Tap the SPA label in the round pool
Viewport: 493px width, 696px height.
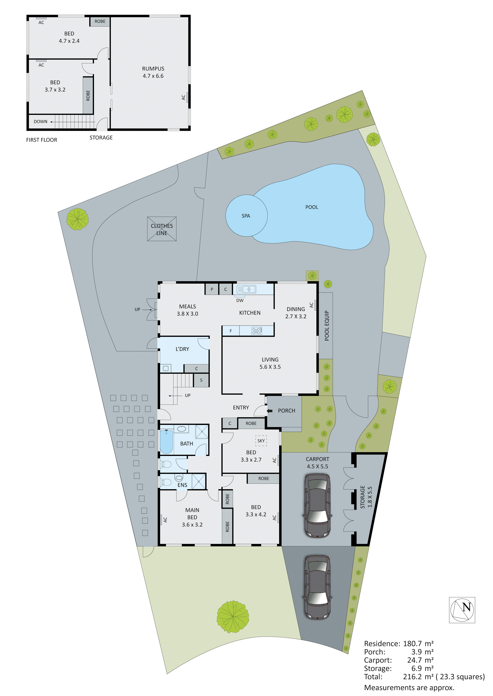[246, 216]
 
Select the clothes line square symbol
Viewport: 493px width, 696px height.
[162, 229]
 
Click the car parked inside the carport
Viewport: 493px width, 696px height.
[317, 506]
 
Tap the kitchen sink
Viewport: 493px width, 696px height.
[246, 289]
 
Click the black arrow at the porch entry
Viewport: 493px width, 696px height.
[270, 411]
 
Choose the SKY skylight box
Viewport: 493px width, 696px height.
[261, 441]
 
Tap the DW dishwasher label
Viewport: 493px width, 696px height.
[240, 300]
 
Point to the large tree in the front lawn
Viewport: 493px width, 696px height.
[233, 617]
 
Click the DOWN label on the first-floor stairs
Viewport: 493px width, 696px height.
[40, 122]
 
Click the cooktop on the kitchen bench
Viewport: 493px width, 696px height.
[257, 330]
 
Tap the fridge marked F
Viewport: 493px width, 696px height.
[231, 331]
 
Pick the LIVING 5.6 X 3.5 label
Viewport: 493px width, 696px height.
[270, 363]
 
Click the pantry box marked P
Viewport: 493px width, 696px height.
[212, 289]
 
